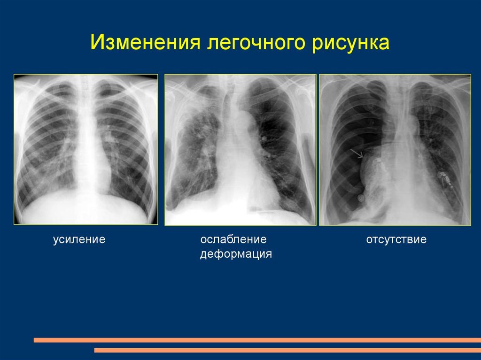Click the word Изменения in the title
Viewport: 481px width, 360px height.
coord(146,42)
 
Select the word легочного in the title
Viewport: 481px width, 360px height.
coord(256,43)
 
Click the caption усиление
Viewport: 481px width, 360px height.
coord(79,239)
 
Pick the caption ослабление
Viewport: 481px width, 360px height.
coord(233,239)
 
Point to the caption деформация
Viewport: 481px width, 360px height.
coord(236,254)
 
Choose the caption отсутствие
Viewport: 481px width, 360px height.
coord(396,239)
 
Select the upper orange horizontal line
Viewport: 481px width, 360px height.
coord(257,340)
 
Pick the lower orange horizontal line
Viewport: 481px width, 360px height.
coord(287,350)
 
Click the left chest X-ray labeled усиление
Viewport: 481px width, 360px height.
coord(86,149)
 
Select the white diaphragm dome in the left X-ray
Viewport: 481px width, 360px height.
coord(86,208)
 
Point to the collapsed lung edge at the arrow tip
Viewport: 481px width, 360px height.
coord(364,158)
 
